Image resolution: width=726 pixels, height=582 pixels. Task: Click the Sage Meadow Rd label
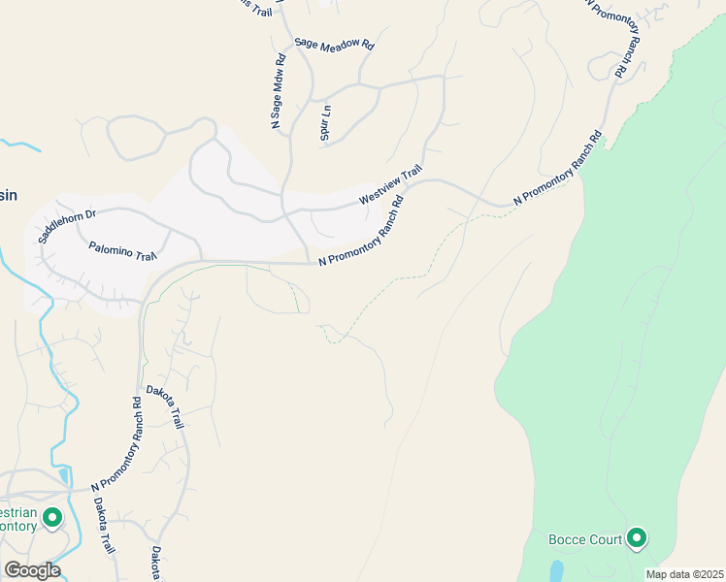[334, 45]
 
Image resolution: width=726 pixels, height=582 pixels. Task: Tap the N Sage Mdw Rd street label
[279, 90]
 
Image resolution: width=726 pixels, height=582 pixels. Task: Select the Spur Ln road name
[326, 123]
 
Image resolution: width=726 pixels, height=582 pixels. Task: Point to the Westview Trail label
[391, 184]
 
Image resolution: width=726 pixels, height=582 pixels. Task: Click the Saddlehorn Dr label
[69, 225]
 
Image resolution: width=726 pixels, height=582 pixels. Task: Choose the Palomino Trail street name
[122, 252]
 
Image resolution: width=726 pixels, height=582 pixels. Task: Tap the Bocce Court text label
[584, 539]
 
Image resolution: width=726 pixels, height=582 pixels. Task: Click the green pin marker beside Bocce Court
[637, 537]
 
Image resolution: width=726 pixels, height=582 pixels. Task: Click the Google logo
[32, 570]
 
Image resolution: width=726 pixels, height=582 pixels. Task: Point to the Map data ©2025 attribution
[685, 574]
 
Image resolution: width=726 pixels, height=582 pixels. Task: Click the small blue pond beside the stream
[64, 475]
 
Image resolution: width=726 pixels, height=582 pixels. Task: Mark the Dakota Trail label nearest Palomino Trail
[165, 407]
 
